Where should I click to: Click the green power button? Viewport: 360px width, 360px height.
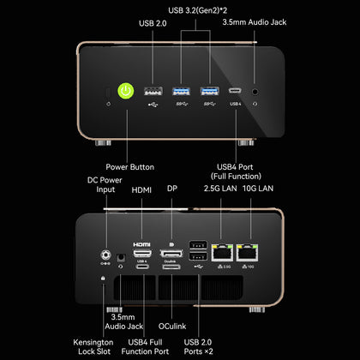(126, 91)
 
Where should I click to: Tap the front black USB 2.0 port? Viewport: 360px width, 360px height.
(153, 92)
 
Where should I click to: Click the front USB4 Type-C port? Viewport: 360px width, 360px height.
(235, 91)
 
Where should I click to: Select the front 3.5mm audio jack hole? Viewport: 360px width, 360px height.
(255, 92)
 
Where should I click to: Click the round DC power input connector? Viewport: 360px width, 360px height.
(106, 255)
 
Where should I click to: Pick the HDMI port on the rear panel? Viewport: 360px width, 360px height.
(142, 253)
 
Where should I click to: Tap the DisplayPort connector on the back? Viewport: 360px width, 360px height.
(171, 254)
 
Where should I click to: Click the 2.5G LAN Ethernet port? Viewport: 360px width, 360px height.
(222, 253)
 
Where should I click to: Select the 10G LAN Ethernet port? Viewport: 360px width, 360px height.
(247, 253)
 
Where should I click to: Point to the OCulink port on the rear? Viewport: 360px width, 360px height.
(171, 267)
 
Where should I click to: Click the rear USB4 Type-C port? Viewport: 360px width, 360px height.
(142, 267)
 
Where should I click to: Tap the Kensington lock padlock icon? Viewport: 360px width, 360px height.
(103, 278)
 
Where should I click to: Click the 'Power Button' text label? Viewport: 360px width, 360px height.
(130, 167)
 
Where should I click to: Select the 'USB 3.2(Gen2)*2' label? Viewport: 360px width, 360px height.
(197, 10)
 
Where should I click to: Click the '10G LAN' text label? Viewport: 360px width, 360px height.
(258, 189)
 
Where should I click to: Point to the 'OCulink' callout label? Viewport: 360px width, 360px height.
(172, 326)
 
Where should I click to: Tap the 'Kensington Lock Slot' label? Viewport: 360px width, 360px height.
(93, 346)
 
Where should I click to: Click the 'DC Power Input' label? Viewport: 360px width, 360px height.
(105, 184)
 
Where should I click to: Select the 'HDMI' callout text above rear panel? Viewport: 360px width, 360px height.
(141, 190)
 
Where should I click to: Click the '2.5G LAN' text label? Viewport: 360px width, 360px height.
(220, 189)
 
